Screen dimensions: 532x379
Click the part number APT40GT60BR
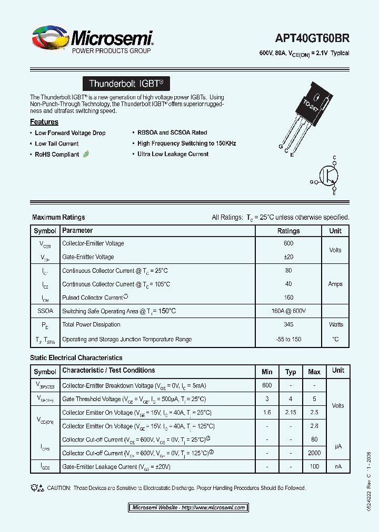(312, 38)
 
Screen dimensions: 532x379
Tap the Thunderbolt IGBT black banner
(126, 84)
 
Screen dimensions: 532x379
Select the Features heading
(44, 122)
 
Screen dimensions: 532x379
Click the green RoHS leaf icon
(86, 154)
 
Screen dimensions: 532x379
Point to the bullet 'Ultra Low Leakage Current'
(173, 154)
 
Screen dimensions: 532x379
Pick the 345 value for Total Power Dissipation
(288, 325)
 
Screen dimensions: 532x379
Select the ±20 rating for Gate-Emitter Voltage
(288, 257)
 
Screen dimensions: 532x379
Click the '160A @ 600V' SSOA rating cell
(288, 311)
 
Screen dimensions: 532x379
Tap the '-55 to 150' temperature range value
(288, 340)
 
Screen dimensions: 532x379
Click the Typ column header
(291, 372)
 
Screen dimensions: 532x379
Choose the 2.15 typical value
(291, 413)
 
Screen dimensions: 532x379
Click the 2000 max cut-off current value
(314, 453)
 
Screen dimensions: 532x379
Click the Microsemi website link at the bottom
(188, 508)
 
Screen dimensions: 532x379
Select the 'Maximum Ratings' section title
(58, 217)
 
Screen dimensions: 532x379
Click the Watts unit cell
(335, 325)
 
